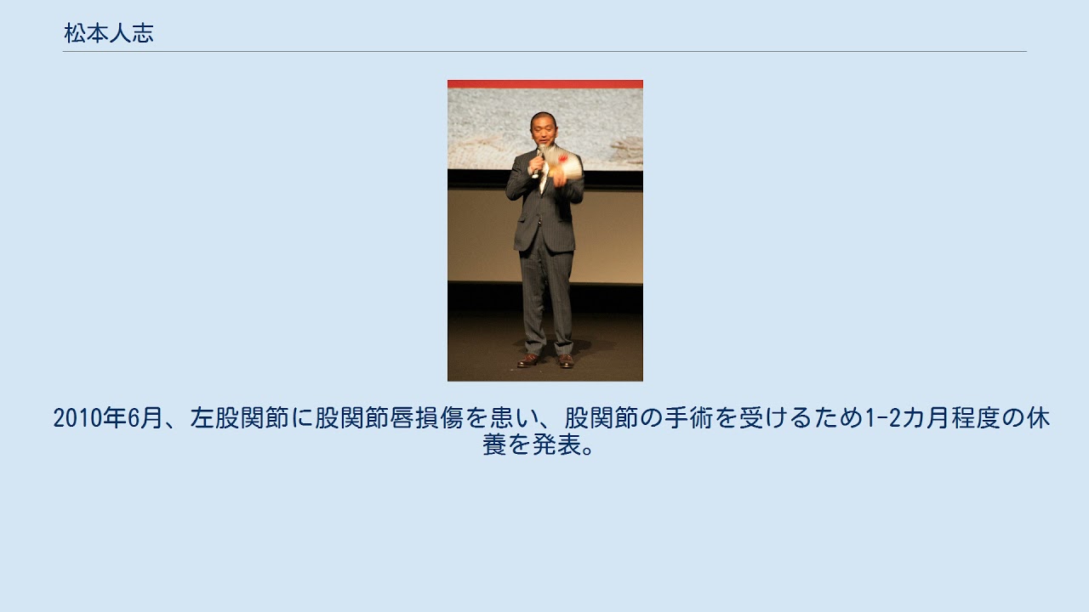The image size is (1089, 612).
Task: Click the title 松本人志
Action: [109, 33]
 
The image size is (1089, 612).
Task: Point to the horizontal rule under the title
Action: [544, 51]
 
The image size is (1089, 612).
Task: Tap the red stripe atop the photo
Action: [545, 84]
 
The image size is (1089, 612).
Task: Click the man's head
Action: [544, 128]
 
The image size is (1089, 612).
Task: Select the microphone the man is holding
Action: [538, 161]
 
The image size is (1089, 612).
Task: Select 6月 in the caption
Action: [145, 418]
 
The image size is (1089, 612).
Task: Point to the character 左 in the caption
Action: [202, 418]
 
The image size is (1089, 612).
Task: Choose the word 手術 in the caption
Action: [689, 418]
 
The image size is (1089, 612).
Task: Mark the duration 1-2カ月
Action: [908, 418]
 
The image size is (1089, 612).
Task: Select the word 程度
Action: [976, 418]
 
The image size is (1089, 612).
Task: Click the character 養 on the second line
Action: [494, 445]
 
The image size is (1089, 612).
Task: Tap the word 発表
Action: [556, 445]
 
